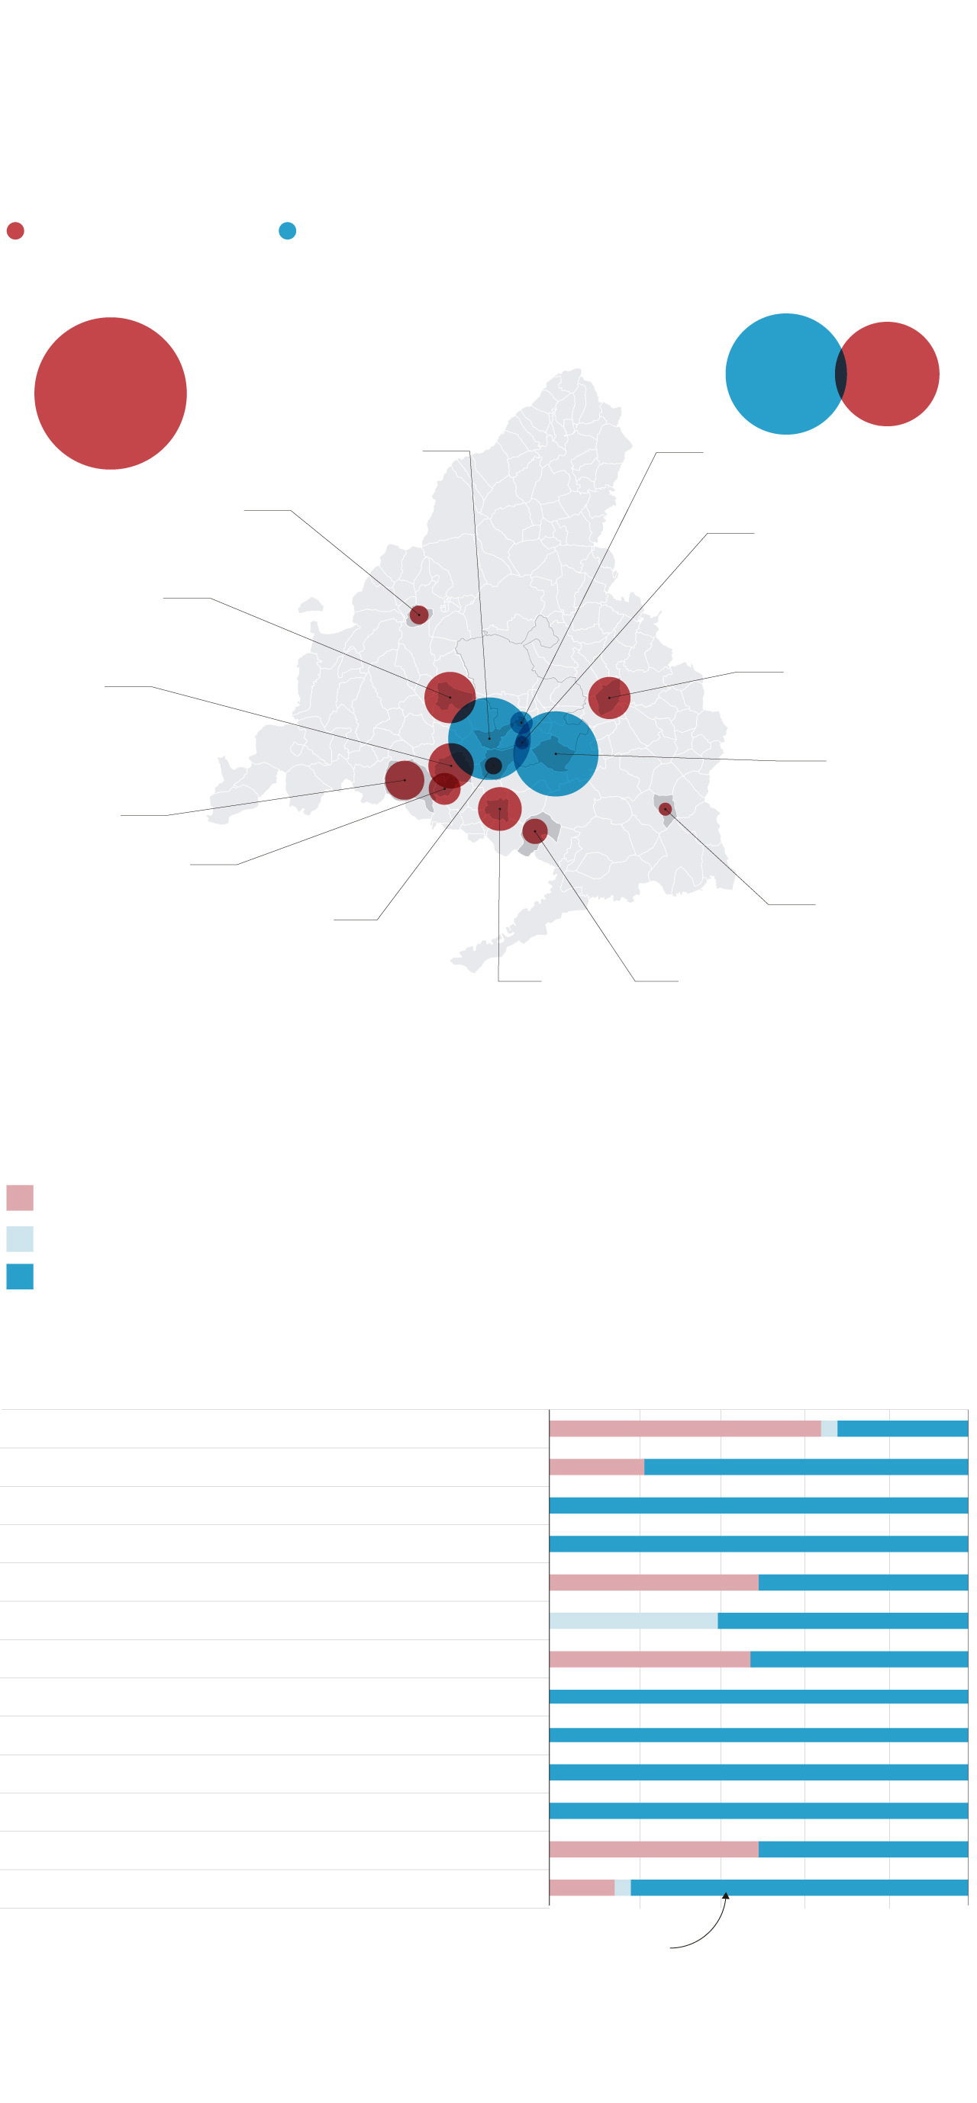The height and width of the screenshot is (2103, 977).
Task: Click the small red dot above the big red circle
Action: click(x=15, y=231)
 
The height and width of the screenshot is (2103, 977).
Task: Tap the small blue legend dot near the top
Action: click(x=288, y=231)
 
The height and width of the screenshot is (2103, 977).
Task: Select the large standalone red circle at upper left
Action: click(x=110, y=393)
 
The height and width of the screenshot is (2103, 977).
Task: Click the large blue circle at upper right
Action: click(x=780, y=374)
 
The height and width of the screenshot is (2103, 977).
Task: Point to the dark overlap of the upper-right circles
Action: click(x=840, y=374)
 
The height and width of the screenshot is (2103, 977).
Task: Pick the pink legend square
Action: click(x=20, y=1198)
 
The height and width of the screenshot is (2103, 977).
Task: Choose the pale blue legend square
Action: click(x=20, y=1238)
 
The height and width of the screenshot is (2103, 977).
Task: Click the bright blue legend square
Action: click(x=20, y=1276)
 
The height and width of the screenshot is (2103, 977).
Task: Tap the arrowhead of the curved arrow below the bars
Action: click(x=725, y=1896)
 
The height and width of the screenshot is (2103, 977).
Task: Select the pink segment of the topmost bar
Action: click(x=685, y=1429)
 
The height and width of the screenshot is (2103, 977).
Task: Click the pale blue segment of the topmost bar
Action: click(x=829, y=1429)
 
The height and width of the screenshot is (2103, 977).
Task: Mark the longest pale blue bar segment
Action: click(x=633, y=1620)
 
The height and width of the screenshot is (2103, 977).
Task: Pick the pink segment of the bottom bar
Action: click(x=582, y=1887)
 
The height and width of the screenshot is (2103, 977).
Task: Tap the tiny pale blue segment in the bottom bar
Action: click(x=623, y=1887)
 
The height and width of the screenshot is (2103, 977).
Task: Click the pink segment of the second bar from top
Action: click(x=596, y=1467)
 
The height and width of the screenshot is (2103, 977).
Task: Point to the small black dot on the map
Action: click(x=493, y=766)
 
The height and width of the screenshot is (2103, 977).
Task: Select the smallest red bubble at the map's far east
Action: click(x=665, y=809)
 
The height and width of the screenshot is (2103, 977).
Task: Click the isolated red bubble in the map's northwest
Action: click(x=419, y=615)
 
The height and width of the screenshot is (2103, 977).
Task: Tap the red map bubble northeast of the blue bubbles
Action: click(x=609, y=698)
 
